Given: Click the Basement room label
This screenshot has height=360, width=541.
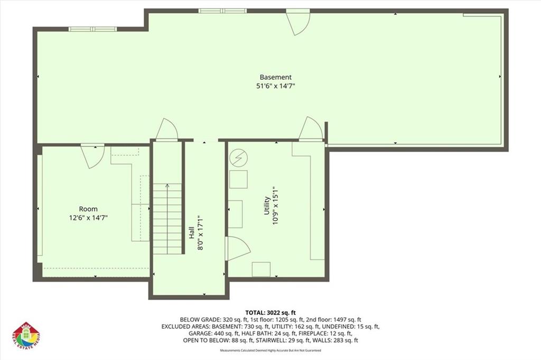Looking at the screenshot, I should click(275, 77).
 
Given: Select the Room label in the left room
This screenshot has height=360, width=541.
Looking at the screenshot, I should click(88, 209).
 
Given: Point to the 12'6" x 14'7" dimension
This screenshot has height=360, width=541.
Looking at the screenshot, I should click(88, 217).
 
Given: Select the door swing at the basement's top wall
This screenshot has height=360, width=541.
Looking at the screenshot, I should click(299, 23).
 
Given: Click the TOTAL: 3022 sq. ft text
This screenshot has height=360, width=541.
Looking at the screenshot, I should click(270, 312).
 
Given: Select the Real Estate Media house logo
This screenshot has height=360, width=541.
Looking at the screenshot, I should click(26, 336).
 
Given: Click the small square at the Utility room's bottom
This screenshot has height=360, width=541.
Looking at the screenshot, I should click(261, 269).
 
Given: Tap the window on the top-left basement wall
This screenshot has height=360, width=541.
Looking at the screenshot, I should click(92, 29).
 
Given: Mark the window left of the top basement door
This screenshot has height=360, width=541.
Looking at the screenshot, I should click(222, 11).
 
